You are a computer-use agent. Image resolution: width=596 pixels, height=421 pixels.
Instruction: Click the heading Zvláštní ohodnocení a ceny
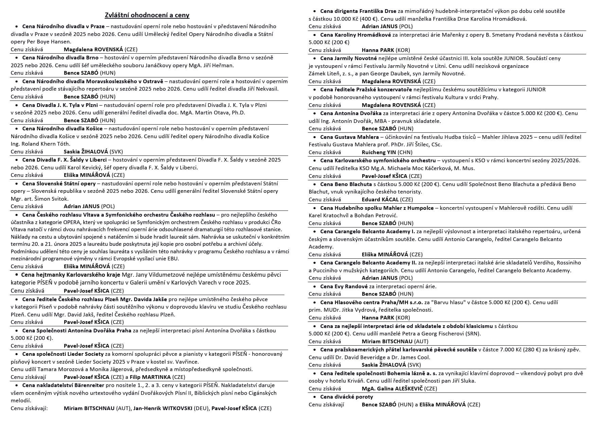(147, 15)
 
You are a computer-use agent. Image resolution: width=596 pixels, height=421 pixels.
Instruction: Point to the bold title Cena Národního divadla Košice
(62, 128)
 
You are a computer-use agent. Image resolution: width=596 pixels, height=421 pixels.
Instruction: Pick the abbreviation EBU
(173, 259)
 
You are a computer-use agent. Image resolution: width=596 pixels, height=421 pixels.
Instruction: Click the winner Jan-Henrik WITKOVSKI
(163, 408)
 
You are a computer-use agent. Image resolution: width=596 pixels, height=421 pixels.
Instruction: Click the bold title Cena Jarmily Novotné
(349, 58)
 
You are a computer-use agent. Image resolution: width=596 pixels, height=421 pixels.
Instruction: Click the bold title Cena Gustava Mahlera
(349, 137)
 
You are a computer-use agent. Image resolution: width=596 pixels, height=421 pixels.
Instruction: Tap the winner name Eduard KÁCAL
(380, 199)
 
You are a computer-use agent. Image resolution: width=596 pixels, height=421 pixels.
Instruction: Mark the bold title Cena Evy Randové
(344, 286)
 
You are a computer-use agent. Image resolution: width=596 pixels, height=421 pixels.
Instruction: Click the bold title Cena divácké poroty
(347, 397)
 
